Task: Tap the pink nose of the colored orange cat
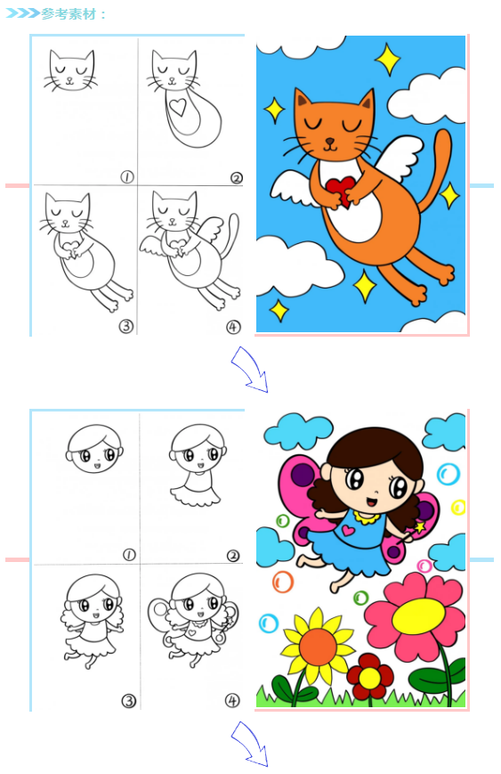[x=330, y=142]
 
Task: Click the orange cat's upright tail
[x=436, y=169]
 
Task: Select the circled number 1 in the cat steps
[x=127, y=176]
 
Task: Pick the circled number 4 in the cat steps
[x=233, y=327]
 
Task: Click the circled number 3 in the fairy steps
[x=128, y=700]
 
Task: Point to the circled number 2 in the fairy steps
[x=233, y=556]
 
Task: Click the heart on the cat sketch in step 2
[x=177, y=107]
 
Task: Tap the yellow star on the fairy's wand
[x=420, y=527]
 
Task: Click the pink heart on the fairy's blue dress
[x=348, y=531]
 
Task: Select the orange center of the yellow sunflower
[x=318, y=648]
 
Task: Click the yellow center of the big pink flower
[x=418, y=616]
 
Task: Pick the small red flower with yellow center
[x=370, y=677]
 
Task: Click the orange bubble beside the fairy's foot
[x=283, y=582]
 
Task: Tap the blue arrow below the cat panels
[x=251, y=369]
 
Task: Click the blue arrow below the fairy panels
[x=251, y=744]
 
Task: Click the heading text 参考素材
[x=69, y=14]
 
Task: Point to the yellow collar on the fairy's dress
[x=366, y=517]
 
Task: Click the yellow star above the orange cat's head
[x=388, y=60]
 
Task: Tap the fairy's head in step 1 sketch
[x=94, y=448]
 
